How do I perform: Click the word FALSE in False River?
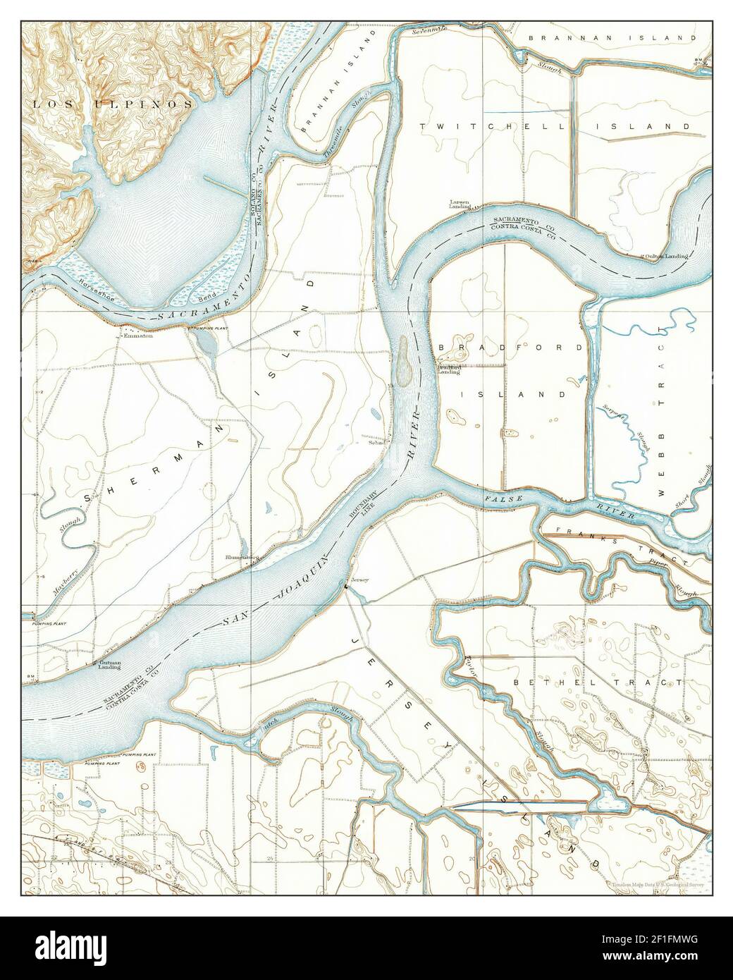[503, 499]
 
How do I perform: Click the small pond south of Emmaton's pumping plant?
[207, 343]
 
